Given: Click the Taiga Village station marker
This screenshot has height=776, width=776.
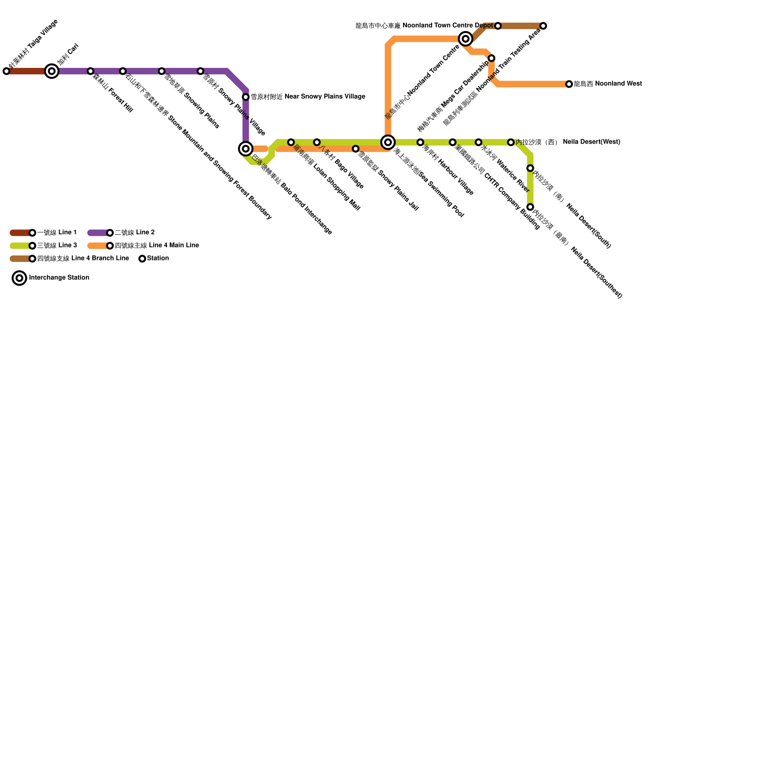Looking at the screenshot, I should [6, 71].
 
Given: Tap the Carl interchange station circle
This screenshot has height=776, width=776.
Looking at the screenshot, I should [52, 71].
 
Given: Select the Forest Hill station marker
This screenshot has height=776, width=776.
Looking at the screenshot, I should [90, 71].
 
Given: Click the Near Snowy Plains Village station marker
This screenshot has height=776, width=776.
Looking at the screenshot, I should [246, 97].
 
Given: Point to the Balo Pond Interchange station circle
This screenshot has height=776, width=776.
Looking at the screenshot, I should [246, 148].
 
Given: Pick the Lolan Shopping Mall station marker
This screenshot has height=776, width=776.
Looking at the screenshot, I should [291, 142].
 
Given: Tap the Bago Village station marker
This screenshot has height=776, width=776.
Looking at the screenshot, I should [317, 142].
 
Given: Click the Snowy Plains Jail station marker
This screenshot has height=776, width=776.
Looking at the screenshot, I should [356, 149].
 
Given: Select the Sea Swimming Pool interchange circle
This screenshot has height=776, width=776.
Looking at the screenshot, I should [388, 142].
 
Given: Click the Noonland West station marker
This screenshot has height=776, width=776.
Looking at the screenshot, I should [569, 84].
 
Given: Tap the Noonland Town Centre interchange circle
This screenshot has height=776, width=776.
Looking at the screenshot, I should [466, 39].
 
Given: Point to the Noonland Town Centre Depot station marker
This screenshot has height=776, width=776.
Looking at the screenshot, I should [498, 26].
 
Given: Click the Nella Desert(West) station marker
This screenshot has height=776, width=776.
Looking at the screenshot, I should [511, 142].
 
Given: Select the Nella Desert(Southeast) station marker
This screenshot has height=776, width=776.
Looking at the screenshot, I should [530, 207].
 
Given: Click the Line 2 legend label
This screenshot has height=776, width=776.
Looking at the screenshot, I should [135, 233].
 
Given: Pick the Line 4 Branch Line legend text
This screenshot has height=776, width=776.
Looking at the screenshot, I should [83, 259].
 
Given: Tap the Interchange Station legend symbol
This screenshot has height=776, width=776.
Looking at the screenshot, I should [19, 278].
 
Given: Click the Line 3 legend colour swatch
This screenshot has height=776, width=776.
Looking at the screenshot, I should [20, 246].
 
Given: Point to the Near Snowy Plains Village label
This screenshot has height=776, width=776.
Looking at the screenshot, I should [308, 97].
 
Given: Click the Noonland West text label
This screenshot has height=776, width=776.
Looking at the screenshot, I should [608, 84].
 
